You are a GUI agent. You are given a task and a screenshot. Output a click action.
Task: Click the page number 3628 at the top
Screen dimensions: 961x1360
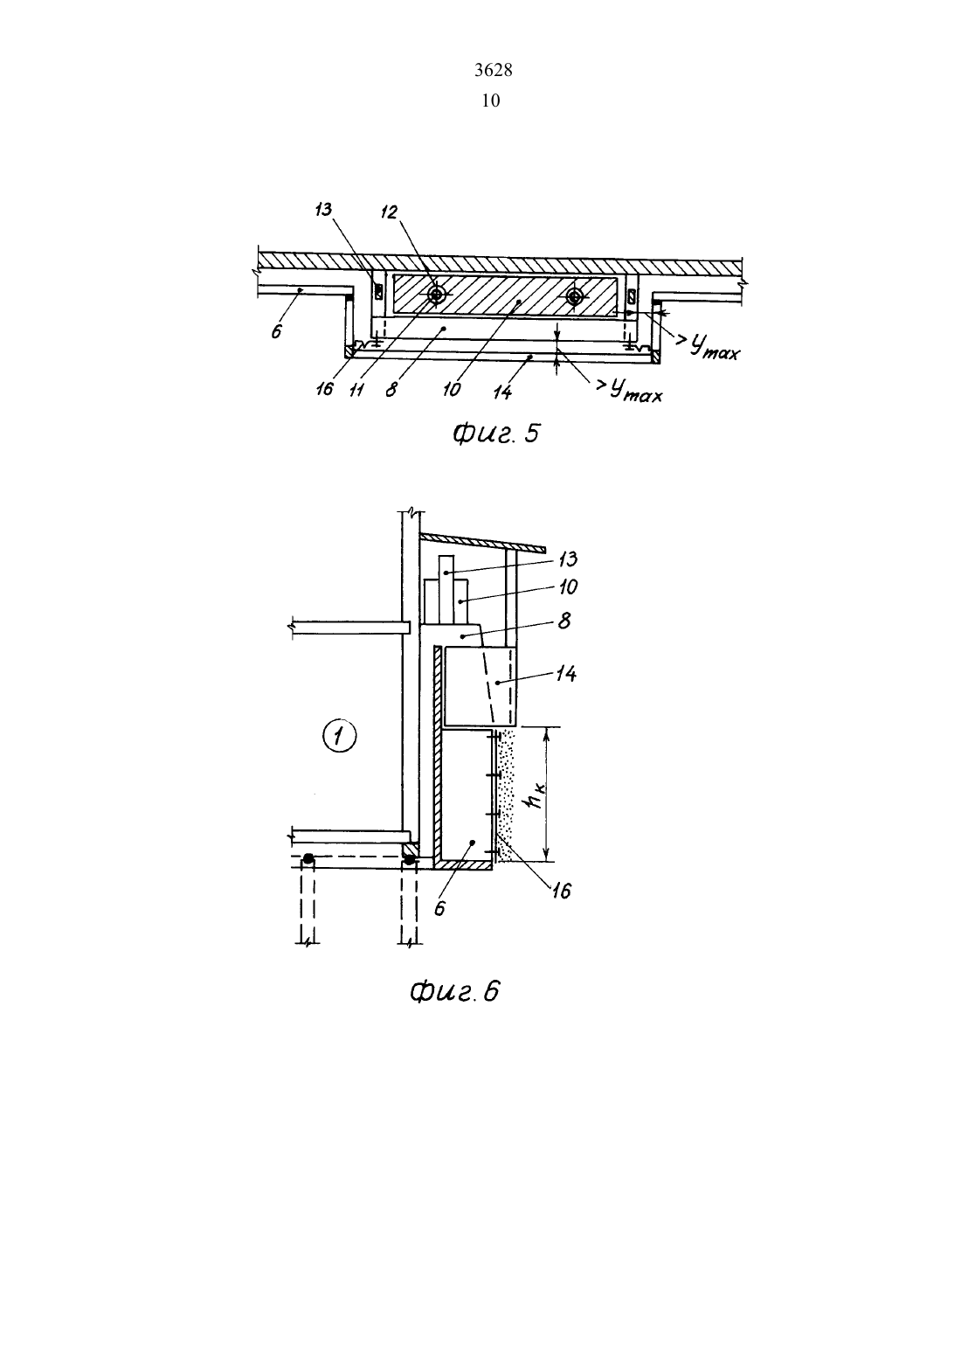click(x=493, y=71)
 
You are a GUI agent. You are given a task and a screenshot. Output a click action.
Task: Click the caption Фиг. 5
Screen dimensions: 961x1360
click(x=495, y=434)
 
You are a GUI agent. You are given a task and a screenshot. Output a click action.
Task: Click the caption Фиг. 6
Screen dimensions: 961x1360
click(x=454, y=992)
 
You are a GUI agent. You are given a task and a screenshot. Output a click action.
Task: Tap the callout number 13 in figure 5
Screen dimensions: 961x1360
click(x=324, y=210)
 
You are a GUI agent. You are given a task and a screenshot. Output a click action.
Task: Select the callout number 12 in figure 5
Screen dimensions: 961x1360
click(x=389, y=212)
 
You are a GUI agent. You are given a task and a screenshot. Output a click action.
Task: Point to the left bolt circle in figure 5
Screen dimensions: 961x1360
click(x=436, y=295)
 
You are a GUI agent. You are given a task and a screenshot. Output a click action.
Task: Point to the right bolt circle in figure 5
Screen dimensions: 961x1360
click(x=574, y=296)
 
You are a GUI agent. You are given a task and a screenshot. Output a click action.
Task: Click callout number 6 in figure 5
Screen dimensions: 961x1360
click(x=277, y=331)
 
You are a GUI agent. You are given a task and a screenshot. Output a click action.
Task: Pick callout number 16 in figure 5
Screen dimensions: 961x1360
click(x=325, y=389)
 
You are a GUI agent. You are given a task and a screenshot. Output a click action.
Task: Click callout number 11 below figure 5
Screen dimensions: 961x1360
click(x=356, y=389)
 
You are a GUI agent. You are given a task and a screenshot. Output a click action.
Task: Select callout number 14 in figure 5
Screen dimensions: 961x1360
click(x=501, y=392)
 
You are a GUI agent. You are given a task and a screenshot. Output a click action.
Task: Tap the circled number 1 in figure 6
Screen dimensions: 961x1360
click(x=340, y=737)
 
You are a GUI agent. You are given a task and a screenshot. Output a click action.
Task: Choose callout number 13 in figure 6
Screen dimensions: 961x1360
click(x=567, y=559)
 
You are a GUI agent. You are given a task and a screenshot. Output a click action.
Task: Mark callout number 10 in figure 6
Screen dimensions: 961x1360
click(x=567, y=587)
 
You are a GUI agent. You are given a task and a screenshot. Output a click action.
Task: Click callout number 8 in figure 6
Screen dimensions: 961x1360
click(x=564, y=621)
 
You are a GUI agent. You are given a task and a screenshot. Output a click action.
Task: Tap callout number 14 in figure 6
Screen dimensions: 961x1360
click(x=566, y=673)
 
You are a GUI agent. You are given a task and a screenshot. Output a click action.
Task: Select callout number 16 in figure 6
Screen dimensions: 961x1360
click(x=561, y=892)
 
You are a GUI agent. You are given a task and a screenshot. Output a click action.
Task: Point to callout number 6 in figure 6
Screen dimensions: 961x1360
click(x=439, y=907)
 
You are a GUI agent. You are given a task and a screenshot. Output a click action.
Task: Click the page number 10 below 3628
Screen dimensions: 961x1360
click(x=491, y=101)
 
